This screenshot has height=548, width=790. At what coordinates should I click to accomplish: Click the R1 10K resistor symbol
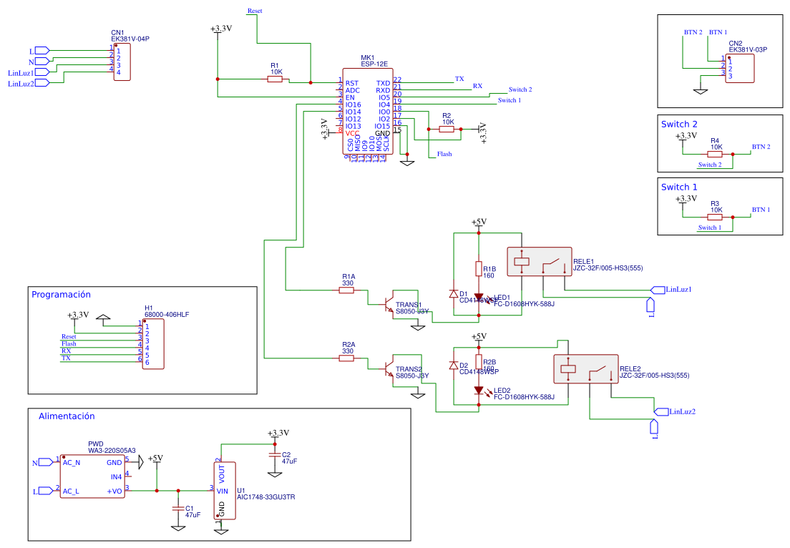point(275,79)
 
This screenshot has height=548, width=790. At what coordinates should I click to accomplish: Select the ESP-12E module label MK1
point(367,57)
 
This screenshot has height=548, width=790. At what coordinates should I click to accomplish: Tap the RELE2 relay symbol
point(585,369)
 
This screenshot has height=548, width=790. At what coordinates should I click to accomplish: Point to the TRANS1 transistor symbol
point(388,304)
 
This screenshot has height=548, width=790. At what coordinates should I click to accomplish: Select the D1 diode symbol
point(453,293)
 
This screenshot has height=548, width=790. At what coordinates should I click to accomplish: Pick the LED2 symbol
point(479,391)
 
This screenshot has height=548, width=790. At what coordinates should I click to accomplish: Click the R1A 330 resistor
point(346,290)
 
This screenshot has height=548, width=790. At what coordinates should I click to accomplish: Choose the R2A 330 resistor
point(346,358)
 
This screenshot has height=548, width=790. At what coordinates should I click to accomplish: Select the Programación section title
point(61,294)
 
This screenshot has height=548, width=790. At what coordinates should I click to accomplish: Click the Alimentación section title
point(67,416)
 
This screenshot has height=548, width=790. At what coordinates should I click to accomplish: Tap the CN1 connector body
point(122,62)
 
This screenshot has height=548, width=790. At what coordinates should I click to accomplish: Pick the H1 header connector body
point(152,344)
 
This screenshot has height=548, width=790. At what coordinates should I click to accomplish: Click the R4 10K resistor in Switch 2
point(715,154)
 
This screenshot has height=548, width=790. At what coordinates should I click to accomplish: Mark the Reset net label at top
point(254,11)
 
